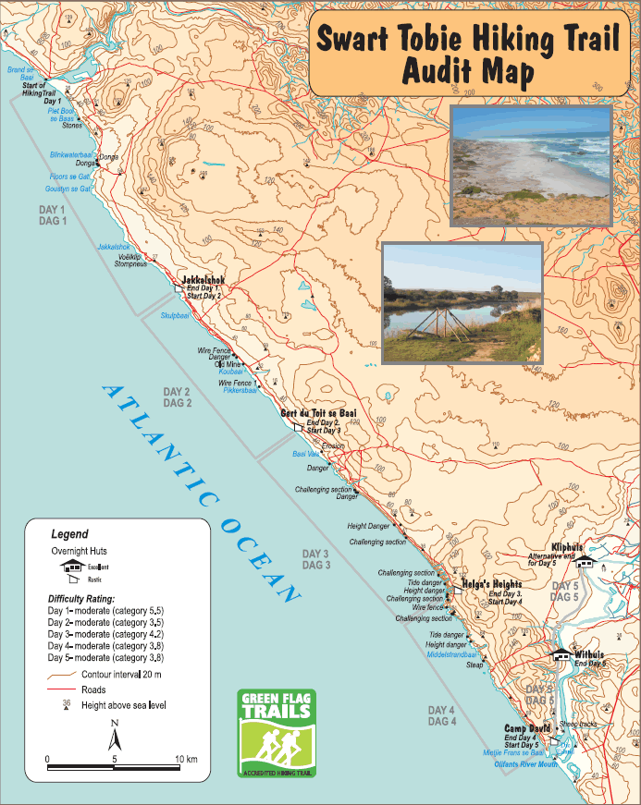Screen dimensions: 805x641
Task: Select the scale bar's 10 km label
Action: (186, 760)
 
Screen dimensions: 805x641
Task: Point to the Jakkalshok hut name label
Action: (203, 279)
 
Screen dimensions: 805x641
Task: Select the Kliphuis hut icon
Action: (584, 561)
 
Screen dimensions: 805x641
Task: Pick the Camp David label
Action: (527, 728)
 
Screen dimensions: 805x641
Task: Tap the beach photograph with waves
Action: (531, 166)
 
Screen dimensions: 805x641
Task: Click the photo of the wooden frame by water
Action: (462, 303)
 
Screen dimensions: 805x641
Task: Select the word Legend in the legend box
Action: (69, 534)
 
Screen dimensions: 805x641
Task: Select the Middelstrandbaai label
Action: (451, 653)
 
